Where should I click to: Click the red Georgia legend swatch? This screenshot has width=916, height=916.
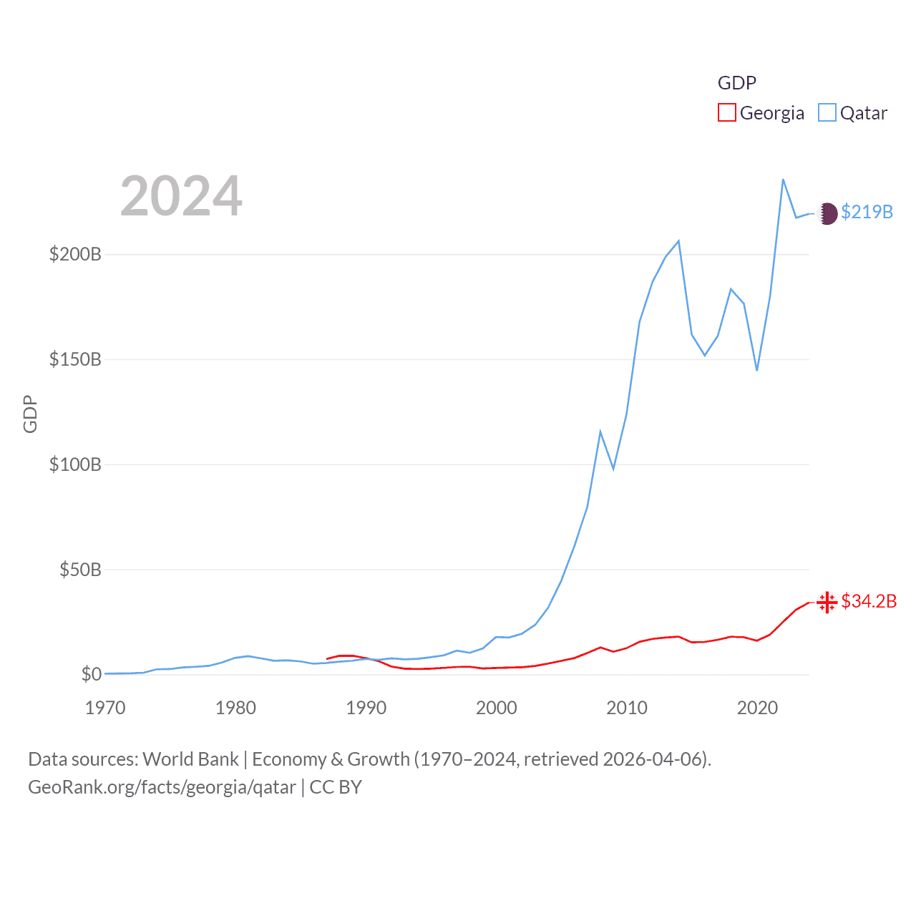pos(726,113)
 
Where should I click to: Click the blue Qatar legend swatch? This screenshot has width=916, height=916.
pos(827,113)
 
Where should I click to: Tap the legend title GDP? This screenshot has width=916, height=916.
pos(736,83)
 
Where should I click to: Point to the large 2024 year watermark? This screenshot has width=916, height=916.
pos(181,196)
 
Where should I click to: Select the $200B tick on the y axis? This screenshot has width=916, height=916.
pos(75,254)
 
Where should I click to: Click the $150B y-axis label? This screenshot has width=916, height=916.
pos(75,359)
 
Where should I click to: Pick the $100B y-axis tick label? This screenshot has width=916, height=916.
pos(75,464)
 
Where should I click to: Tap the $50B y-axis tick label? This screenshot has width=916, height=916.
pos(80,570)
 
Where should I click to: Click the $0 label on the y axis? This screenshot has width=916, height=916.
pos(91,674)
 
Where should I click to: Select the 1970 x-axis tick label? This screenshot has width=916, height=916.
pos(105,708)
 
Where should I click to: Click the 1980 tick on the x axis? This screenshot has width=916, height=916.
pos(235,708)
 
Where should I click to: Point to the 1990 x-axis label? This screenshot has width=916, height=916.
pos(366,708)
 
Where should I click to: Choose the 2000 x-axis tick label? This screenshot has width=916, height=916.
pos(497,708)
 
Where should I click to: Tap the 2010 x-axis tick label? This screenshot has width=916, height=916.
pos(627,708)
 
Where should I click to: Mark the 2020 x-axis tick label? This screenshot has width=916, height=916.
pos(757,708)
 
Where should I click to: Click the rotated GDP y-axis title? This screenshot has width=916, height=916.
pos(30,414)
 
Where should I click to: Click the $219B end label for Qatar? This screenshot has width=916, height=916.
pos(867,212)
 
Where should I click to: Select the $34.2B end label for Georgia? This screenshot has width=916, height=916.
pos(869,601)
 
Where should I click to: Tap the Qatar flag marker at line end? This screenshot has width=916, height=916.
pos(827,213)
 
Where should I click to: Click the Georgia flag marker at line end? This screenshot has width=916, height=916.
pos(827,603)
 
